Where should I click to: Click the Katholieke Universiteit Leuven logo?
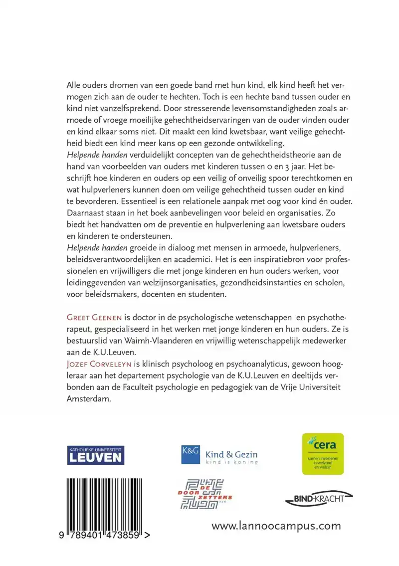95,455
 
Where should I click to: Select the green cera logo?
323,454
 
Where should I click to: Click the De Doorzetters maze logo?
205,494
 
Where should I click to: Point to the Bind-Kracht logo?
319,498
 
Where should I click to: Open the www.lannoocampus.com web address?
276,526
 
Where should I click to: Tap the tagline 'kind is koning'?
232,462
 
